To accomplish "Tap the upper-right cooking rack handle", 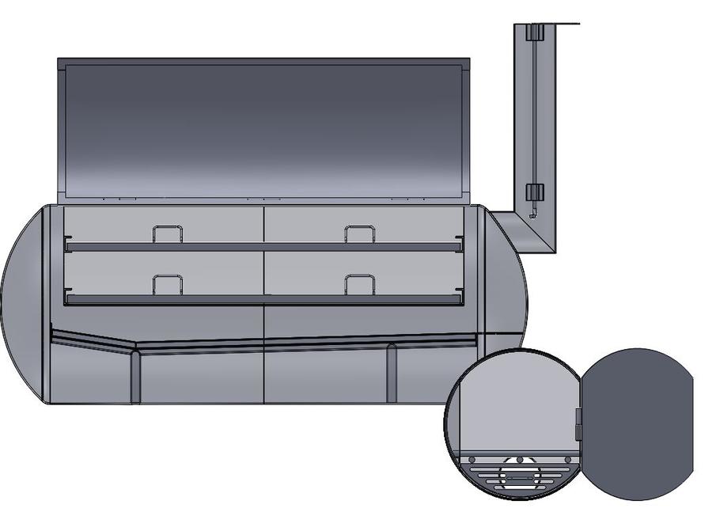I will coord(360,233).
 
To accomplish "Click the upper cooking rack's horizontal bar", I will coord(261,247).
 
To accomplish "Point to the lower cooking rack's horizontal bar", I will coord(261,299).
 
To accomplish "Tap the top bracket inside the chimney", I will coord(535,32).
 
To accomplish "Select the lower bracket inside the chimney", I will coord(535,192).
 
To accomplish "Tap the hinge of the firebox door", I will coord(578,423).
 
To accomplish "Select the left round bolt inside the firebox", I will coord(472,459).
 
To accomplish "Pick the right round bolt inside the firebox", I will coord(567,459).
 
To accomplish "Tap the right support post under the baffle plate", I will coord(391,374).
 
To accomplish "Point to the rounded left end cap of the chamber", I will coord(24,305).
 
